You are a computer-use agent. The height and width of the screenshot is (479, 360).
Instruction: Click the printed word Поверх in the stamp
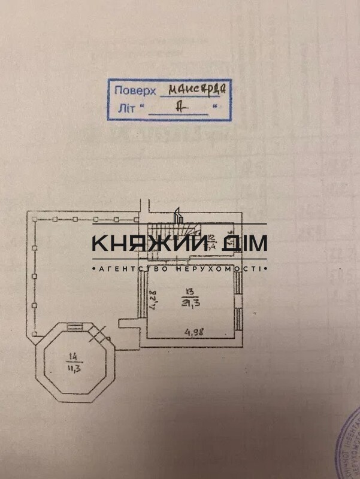(135, 91)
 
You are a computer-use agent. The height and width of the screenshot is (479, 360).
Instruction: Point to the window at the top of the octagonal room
(75, 326)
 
